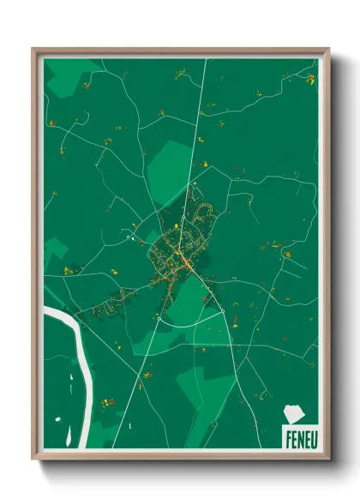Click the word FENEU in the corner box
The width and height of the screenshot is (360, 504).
tap(299, 436)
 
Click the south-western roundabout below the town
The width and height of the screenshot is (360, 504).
tap(159, 318)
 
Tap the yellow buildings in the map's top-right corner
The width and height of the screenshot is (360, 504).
tap(310, 79)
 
